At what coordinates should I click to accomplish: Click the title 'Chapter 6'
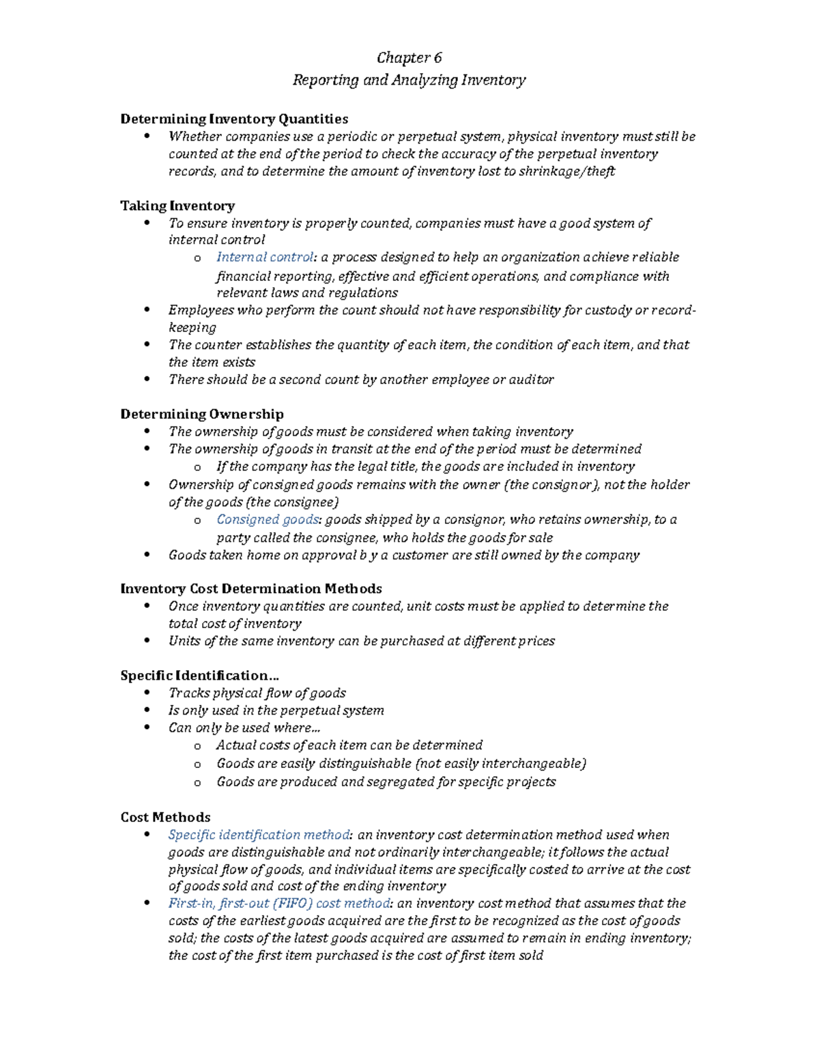pos(409,57)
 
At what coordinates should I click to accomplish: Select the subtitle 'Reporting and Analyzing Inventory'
pos(409,80)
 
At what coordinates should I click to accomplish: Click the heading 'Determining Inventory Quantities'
pos(234,119)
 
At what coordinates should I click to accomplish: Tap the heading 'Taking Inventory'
pos(177,206)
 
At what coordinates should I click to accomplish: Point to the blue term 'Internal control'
pos(265,258)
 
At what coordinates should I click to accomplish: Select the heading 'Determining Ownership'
pos(202,414)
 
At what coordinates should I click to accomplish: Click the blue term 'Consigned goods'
pos(268,520)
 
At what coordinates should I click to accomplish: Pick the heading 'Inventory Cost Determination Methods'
pos(251,589)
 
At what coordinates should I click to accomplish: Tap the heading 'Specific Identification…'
pos(199,676)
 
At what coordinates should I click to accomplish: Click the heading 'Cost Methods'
pos(165,817)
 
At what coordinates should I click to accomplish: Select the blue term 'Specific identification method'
pos(259,835)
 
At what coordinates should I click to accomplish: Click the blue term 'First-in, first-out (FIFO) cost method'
pos(280,903)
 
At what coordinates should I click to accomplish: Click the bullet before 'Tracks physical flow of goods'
pos(147,693)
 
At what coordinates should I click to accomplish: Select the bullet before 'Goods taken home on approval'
pos(147,555)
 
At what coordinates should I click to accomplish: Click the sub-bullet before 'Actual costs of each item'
pos(197,746)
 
